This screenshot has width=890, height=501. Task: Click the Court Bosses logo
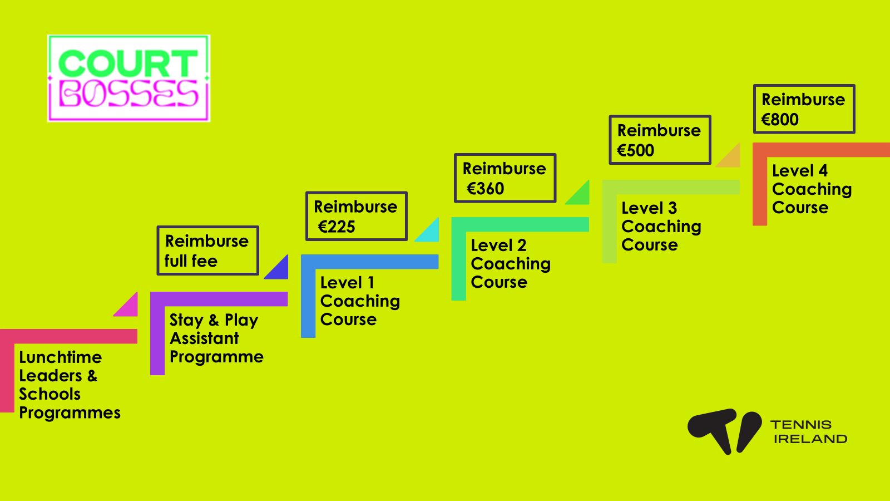[128, 78]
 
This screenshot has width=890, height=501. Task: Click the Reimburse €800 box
[804, 109]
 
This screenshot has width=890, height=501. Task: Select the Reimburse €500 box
[660, 140]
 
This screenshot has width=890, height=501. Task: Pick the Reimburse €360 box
[505, 178]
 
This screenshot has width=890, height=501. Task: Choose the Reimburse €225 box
[356, 216]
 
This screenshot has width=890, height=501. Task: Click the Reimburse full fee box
[207, 250]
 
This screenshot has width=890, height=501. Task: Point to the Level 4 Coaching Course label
[811, 189]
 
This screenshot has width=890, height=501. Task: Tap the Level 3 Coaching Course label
[661, 226]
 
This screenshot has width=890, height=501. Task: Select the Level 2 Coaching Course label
[510, 263]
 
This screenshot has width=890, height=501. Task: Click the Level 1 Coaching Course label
[359, 301]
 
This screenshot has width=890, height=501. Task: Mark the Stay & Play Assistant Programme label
[216, 338]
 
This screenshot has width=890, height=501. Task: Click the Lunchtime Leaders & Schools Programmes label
[69, 385]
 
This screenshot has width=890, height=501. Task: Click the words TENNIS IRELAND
[809, 432]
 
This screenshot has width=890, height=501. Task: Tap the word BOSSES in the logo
[128, 94]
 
